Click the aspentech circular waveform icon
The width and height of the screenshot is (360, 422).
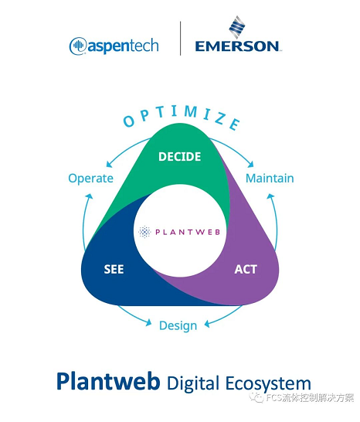78,46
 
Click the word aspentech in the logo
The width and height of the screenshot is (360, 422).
123,46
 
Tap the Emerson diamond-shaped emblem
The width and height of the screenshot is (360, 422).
237,27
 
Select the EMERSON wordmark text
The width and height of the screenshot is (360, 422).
237,46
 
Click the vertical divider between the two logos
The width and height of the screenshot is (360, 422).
180,38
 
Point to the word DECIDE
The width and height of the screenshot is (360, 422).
180,157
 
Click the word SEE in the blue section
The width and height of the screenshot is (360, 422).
114,269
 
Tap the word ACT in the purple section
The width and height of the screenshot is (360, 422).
246,269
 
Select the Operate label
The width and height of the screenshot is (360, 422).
90,179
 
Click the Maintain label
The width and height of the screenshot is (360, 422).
270,179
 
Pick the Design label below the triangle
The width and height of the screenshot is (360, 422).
178,326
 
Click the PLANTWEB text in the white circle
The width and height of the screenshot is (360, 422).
188,232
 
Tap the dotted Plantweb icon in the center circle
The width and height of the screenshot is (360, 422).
144,232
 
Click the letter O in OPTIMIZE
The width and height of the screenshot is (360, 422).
129,121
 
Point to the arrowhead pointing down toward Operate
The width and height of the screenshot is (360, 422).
109,164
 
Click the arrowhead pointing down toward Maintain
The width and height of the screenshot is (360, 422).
251,164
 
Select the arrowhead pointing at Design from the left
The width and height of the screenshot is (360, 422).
149,322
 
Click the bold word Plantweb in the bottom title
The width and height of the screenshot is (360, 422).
108,382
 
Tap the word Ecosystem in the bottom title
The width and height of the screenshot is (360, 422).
268,384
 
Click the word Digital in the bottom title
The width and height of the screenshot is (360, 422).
192,383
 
